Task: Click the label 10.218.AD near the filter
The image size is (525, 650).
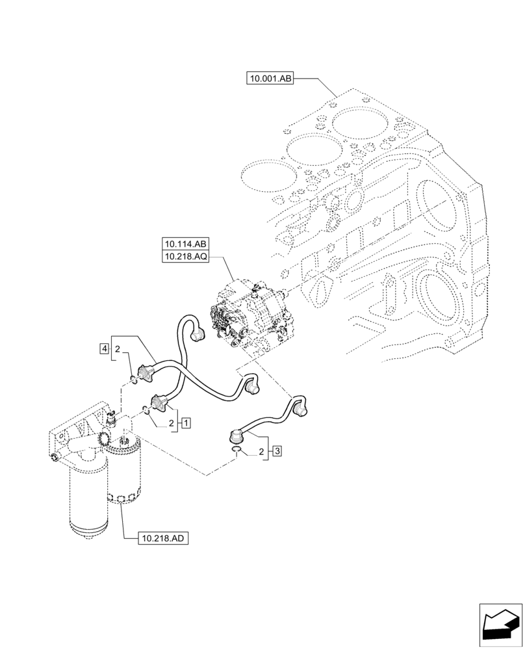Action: (x=162, y=538)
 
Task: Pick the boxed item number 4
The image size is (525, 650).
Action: (x=104, y=349)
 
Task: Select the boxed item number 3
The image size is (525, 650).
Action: (x=277, y=450)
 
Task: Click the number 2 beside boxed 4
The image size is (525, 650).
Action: (x=117, y=350)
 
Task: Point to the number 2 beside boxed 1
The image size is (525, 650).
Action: (x=172, y=424)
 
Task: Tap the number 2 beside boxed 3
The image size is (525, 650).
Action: (x=262, y=450)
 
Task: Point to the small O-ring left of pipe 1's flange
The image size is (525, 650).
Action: (x=146, y=409)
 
